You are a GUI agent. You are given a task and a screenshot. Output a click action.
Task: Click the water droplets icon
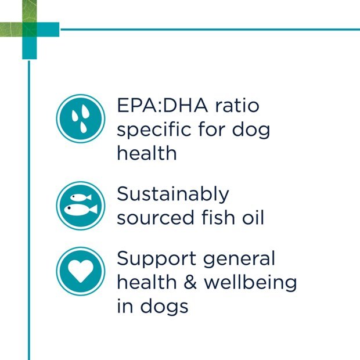(81, 118)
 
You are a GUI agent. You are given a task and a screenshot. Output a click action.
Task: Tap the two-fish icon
(81, 206)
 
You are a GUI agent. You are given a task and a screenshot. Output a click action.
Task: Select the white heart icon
(81, 271)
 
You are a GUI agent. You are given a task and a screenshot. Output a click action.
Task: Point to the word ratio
(237, 106)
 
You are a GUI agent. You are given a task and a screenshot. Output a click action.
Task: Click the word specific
(154, 129)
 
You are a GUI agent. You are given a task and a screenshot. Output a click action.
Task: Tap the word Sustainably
(173, 195)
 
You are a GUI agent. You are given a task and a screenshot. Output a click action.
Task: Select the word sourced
(156, 217)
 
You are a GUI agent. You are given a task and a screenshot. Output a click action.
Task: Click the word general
(239, 259)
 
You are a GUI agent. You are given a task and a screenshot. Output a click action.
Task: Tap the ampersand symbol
(190, 282)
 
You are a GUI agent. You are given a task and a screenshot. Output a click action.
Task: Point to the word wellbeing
(250, 283)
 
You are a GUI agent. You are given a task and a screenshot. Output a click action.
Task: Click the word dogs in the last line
(164, 307)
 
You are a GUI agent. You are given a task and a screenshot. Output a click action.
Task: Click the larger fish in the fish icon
(81, 210)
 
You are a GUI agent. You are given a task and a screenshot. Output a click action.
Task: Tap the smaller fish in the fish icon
(81, 197)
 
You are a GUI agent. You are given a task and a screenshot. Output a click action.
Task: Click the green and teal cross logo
(30, 30)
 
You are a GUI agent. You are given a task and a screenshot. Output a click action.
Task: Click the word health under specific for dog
(147, 153)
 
